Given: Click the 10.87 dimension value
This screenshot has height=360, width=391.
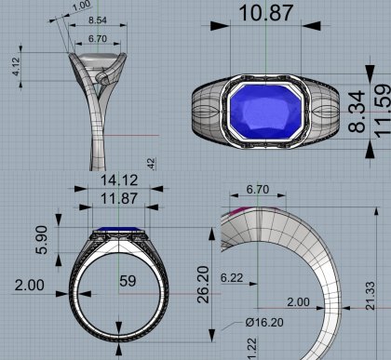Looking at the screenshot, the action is (x=266, y=13).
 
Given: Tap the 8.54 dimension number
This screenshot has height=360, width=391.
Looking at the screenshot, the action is (x=98, y=20).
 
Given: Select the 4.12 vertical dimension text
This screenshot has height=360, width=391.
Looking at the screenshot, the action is (x=16, y=66).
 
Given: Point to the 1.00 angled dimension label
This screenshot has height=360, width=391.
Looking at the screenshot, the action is (x=82, y=6).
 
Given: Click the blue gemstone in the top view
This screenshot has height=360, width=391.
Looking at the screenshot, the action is (x=265, y=112).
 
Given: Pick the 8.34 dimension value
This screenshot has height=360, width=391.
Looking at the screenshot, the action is (x=357, y=112).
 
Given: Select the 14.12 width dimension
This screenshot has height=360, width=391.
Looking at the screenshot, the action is (x=119, y=180).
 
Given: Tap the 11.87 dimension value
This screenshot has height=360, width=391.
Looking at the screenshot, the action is (x=119, y=198).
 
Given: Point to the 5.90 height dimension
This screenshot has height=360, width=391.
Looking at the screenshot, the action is (x=42, y=240).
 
